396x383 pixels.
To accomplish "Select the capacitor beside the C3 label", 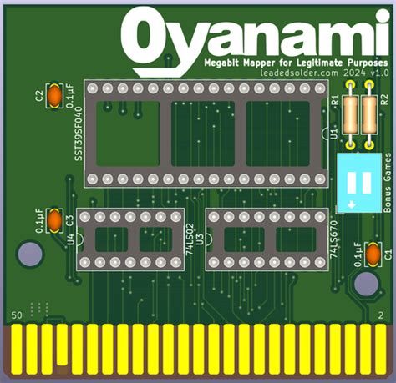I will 54,221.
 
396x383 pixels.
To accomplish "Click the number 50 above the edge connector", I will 15,315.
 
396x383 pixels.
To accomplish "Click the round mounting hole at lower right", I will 366,285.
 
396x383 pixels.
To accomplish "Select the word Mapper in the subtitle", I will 254,63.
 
